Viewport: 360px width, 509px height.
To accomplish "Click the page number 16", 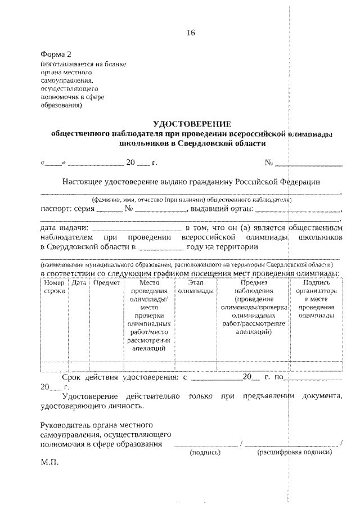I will click(x=190, y=33).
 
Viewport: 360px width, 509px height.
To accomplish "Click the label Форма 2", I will click(x=56, y=54).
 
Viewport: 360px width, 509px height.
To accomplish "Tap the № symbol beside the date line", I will click(x=269, y=164).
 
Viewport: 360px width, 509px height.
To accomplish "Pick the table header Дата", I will click(x=79, y=283).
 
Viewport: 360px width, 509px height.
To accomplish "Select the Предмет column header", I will click(x=107, y=283).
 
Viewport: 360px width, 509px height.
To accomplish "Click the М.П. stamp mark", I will click(x=49, y=464).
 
